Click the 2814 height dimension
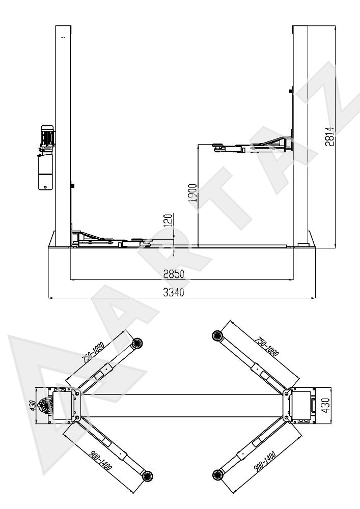click(x=329, y=136)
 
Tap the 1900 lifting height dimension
click(x=193, y=193)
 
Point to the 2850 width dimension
click(x=174, y=274)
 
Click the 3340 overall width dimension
click(x=173, y=292)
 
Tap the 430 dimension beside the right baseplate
click(x=325, y=405)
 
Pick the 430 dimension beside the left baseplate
click(x=33, y=406)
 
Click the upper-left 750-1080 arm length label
click(x=93, y=352)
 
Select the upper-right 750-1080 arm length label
click(x=267, y=347)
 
